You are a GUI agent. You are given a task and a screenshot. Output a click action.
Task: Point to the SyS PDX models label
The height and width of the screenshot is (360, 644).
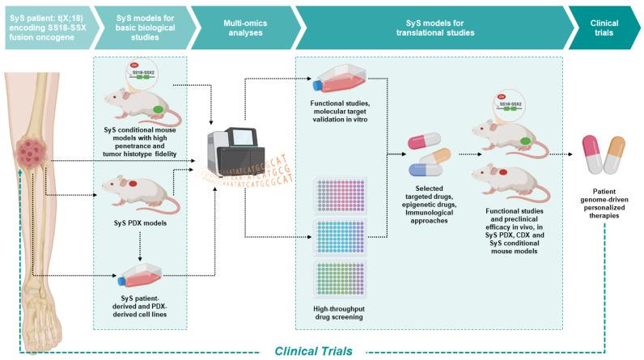tap(140, 223)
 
